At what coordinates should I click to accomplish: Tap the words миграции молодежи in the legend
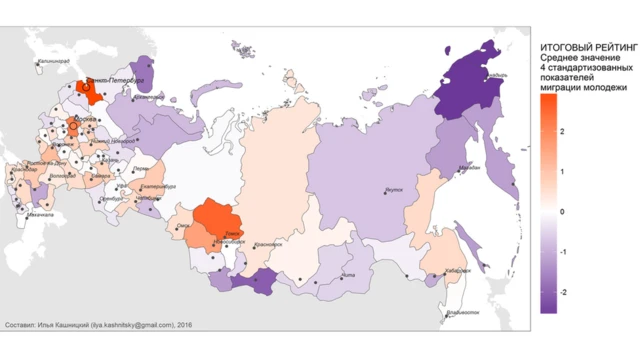582,88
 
